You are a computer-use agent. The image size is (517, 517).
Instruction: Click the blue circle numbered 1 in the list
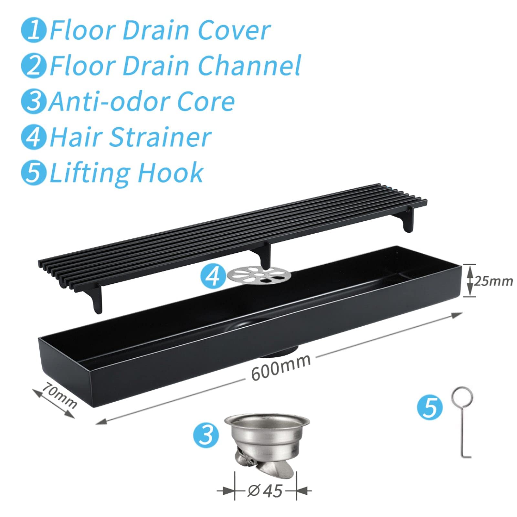(x=34, y=30)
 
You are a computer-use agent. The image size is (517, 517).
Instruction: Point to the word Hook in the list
(x=171, y=173)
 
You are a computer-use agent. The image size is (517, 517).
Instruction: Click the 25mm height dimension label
(x=493, y=281)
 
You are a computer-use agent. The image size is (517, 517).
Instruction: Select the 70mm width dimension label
(x=60, y=395)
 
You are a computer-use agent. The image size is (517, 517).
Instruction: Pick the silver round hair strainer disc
(x=259, y=276)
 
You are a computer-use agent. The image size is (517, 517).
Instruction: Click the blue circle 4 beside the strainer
(x=213, y=276)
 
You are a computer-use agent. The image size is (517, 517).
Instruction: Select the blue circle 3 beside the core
(x=206, y=435)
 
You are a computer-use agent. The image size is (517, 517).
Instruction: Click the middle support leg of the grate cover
(x=263, y=254)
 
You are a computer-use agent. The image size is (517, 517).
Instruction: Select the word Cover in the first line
(x=234, y=30)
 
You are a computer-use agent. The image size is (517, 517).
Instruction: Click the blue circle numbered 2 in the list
(x=34, y=66)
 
